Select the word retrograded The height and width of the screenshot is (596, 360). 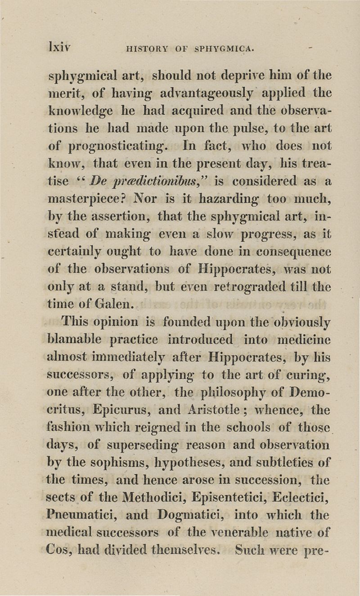255,287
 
